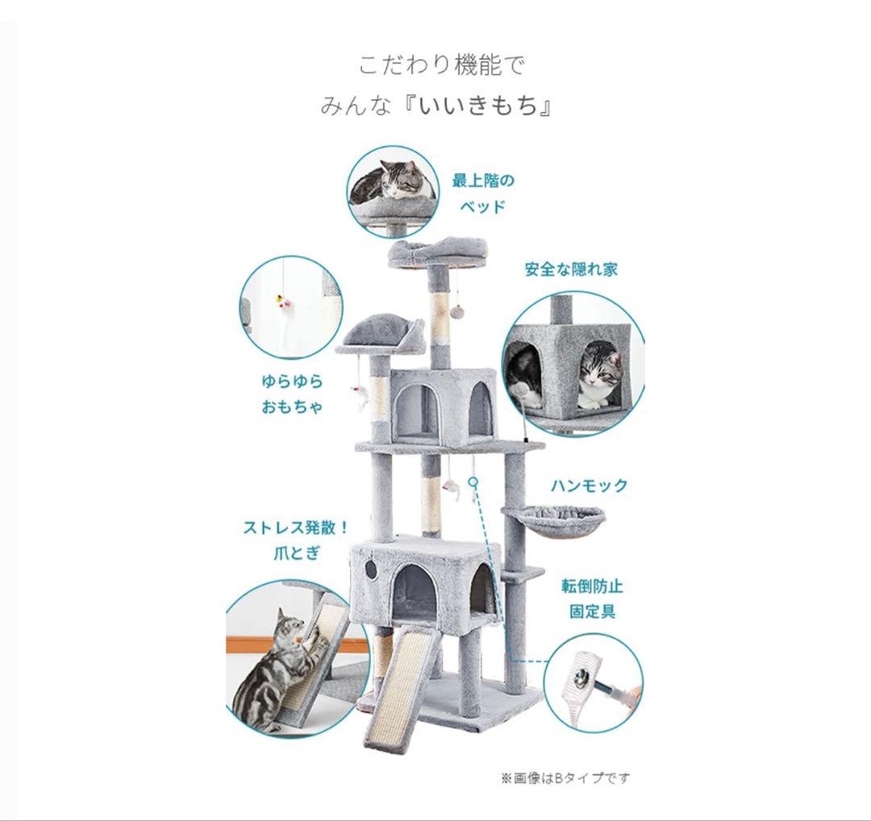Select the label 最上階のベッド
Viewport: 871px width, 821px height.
click(482, 192)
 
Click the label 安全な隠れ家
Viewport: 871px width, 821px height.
click(570, 269)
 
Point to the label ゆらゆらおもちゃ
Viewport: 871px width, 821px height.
click(291, 393)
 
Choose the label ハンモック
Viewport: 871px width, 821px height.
click(589, 486)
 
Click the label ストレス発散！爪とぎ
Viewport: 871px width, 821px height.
click(296, 540)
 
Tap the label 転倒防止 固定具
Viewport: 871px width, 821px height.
click(592, 598)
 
